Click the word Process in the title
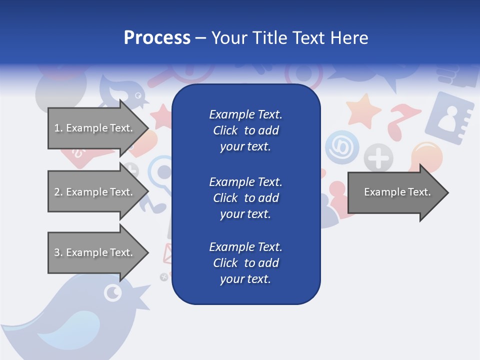click(157, 38)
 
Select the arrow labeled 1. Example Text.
click(95, 128)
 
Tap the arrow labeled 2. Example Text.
click(95, 192)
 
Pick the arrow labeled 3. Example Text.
click(95, 252)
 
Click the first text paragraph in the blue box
click(245, 130)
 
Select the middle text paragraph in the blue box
click(245, 197)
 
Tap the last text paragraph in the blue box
click(245, 263)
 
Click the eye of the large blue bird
click(113, 292)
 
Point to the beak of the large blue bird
click(142, 290)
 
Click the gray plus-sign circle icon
click(378, 158)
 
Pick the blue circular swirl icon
click(342, 147)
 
